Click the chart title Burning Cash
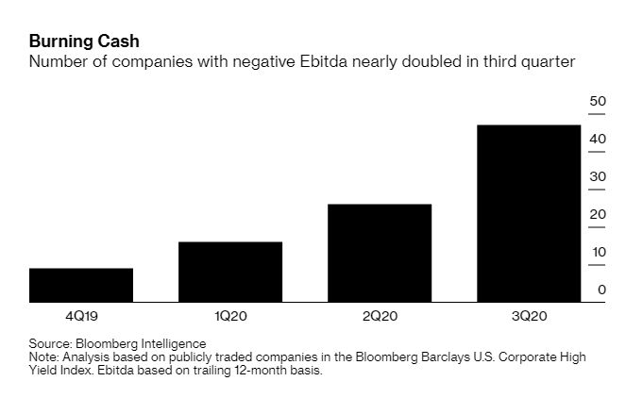[x=84, y=41]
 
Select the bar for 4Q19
[x=81, y=285]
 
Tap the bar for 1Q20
[x=230, y=272]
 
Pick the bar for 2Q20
[x=380, y=253]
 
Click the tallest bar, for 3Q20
[x=529, y=213]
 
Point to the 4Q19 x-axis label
[x=81, y=316]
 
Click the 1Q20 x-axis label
[x=230, y=316]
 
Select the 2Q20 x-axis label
[x=380, y=316]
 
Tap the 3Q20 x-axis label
[x=529, y=316]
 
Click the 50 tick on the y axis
[x=598, y=101]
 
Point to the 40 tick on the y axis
[x=598, y=139]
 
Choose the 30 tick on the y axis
[x=598, y=176]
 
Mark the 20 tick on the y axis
[x=598, y=214]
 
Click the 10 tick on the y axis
[x=598, y=252]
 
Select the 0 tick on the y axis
[x=601, y=290]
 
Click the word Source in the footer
[x=50, y=343]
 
